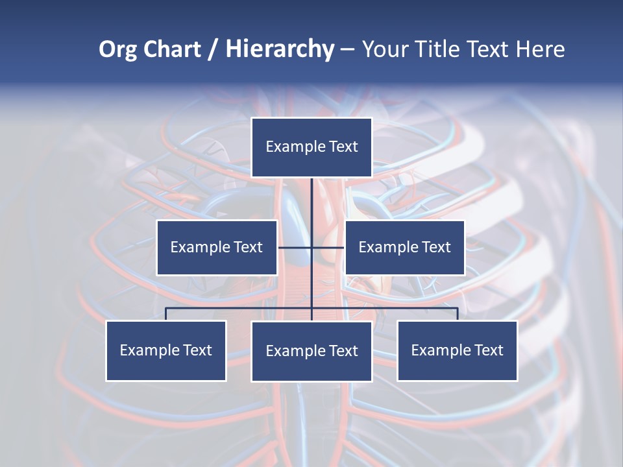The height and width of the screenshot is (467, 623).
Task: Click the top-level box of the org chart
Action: coord(311,147)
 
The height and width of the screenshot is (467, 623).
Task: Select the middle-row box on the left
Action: coord(217,247)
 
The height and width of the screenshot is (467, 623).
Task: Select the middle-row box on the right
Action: coord(404,247)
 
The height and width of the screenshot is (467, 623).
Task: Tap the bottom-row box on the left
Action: coord(166,350)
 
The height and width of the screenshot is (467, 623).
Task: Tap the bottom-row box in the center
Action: coord(311,351)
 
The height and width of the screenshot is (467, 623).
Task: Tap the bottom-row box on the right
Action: coord(457,350)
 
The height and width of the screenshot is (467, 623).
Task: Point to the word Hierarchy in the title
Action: coord(280,49)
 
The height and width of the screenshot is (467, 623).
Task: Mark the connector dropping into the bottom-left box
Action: coord(166,314)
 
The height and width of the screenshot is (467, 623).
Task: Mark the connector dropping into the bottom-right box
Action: coord(457,314)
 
